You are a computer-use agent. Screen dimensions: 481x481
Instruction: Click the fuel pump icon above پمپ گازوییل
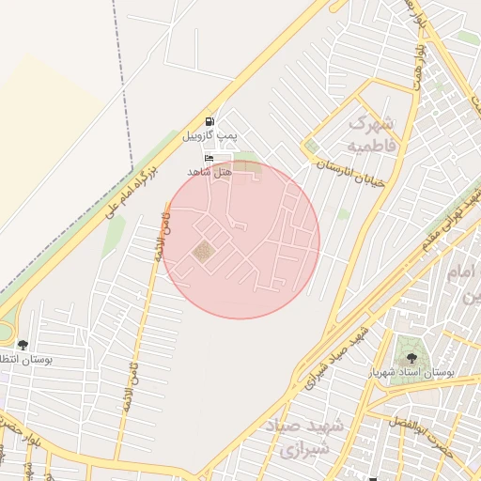[209, 121]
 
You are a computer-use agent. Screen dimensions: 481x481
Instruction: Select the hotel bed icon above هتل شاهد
[209, 158]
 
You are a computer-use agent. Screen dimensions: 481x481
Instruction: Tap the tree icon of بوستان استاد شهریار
[410, 357]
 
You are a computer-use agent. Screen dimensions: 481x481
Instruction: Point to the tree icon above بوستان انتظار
[23, 345]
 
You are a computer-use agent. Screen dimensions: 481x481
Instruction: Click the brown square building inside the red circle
[203, 251]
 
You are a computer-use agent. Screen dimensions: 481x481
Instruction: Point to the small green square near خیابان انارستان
[312, 146]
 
